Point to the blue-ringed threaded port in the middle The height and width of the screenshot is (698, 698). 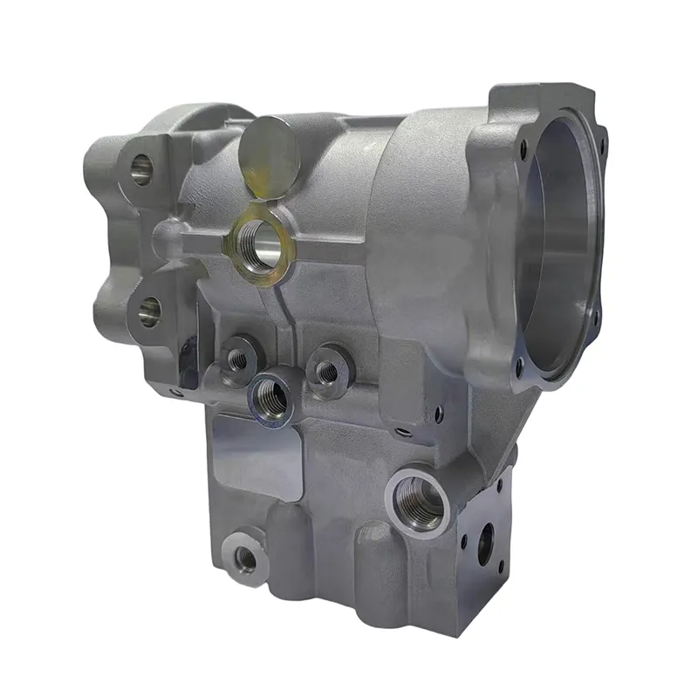272,397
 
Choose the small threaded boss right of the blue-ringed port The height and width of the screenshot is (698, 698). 327,372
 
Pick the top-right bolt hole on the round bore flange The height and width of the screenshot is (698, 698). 599,131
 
